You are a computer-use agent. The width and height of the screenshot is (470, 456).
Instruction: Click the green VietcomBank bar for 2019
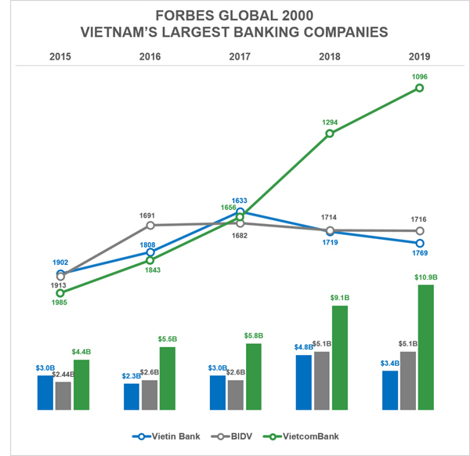(x=426, y=347)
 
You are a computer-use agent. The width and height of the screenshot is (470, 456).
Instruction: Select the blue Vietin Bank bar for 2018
(x=304, y=382)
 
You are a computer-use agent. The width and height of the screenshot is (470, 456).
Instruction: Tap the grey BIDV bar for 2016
(x=149, y=395)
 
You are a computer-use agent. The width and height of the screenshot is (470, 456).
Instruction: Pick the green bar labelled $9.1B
(x=340, y=357)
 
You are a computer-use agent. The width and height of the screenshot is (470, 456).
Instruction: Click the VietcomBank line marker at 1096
(x=420, y=88)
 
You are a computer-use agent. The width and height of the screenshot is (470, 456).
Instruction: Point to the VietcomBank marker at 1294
(x=330, y=133)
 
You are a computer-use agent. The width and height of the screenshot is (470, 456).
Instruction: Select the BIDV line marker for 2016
(x=150, y=226)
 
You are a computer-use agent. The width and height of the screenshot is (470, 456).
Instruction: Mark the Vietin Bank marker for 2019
(x=420, y=243)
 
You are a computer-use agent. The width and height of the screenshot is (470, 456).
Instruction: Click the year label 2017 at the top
(x=240, y=56)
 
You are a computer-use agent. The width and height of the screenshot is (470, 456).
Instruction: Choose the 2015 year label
(x=60, y=56)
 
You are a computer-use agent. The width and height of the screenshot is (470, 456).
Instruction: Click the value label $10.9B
(x=425, y=277)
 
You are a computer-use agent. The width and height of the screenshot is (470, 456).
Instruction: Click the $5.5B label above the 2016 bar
(x=167, y=339)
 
